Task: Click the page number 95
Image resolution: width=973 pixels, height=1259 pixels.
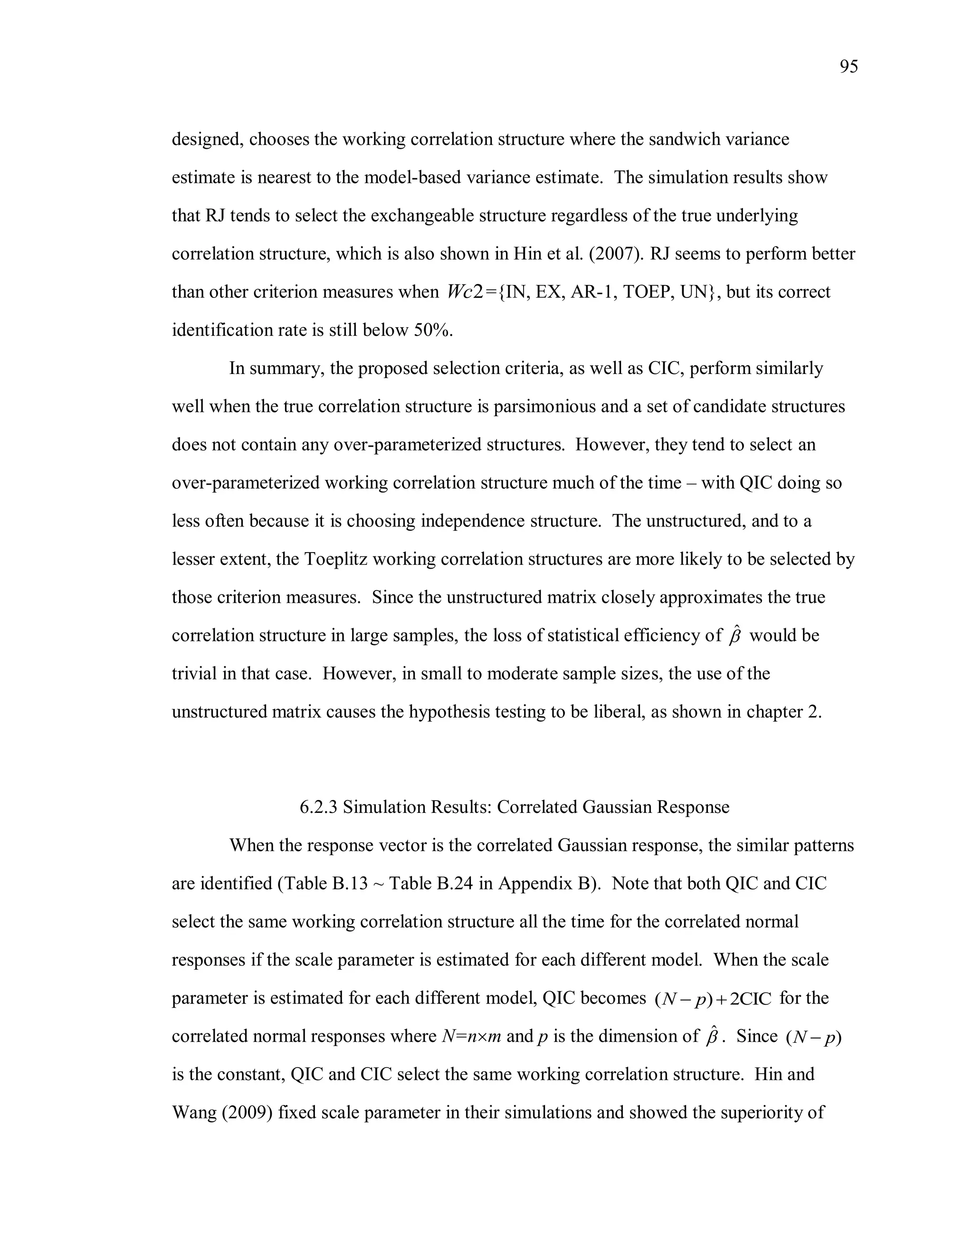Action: click(849, 67)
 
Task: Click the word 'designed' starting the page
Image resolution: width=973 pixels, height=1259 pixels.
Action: click(205, 140)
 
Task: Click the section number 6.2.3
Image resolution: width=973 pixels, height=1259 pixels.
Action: click(319, 807)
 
